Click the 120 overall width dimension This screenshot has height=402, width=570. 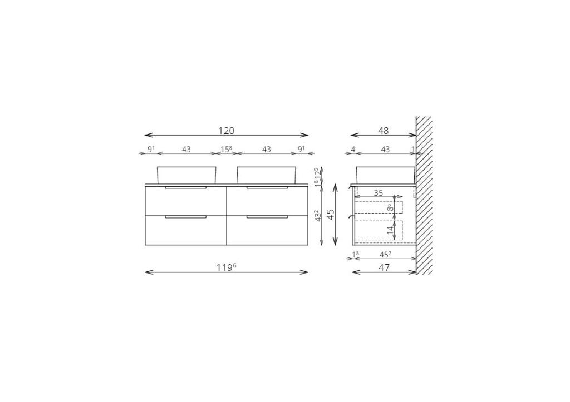226,131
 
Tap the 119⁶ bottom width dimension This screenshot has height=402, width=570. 227,267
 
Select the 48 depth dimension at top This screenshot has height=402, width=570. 384,131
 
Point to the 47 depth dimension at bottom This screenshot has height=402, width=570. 384,267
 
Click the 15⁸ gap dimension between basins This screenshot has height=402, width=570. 226,149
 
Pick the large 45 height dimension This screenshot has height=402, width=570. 331,214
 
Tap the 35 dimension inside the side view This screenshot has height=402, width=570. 379,193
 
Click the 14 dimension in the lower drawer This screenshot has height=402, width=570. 390,230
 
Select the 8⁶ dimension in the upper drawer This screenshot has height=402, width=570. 390,208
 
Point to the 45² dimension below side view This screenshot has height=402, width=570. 385,255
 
